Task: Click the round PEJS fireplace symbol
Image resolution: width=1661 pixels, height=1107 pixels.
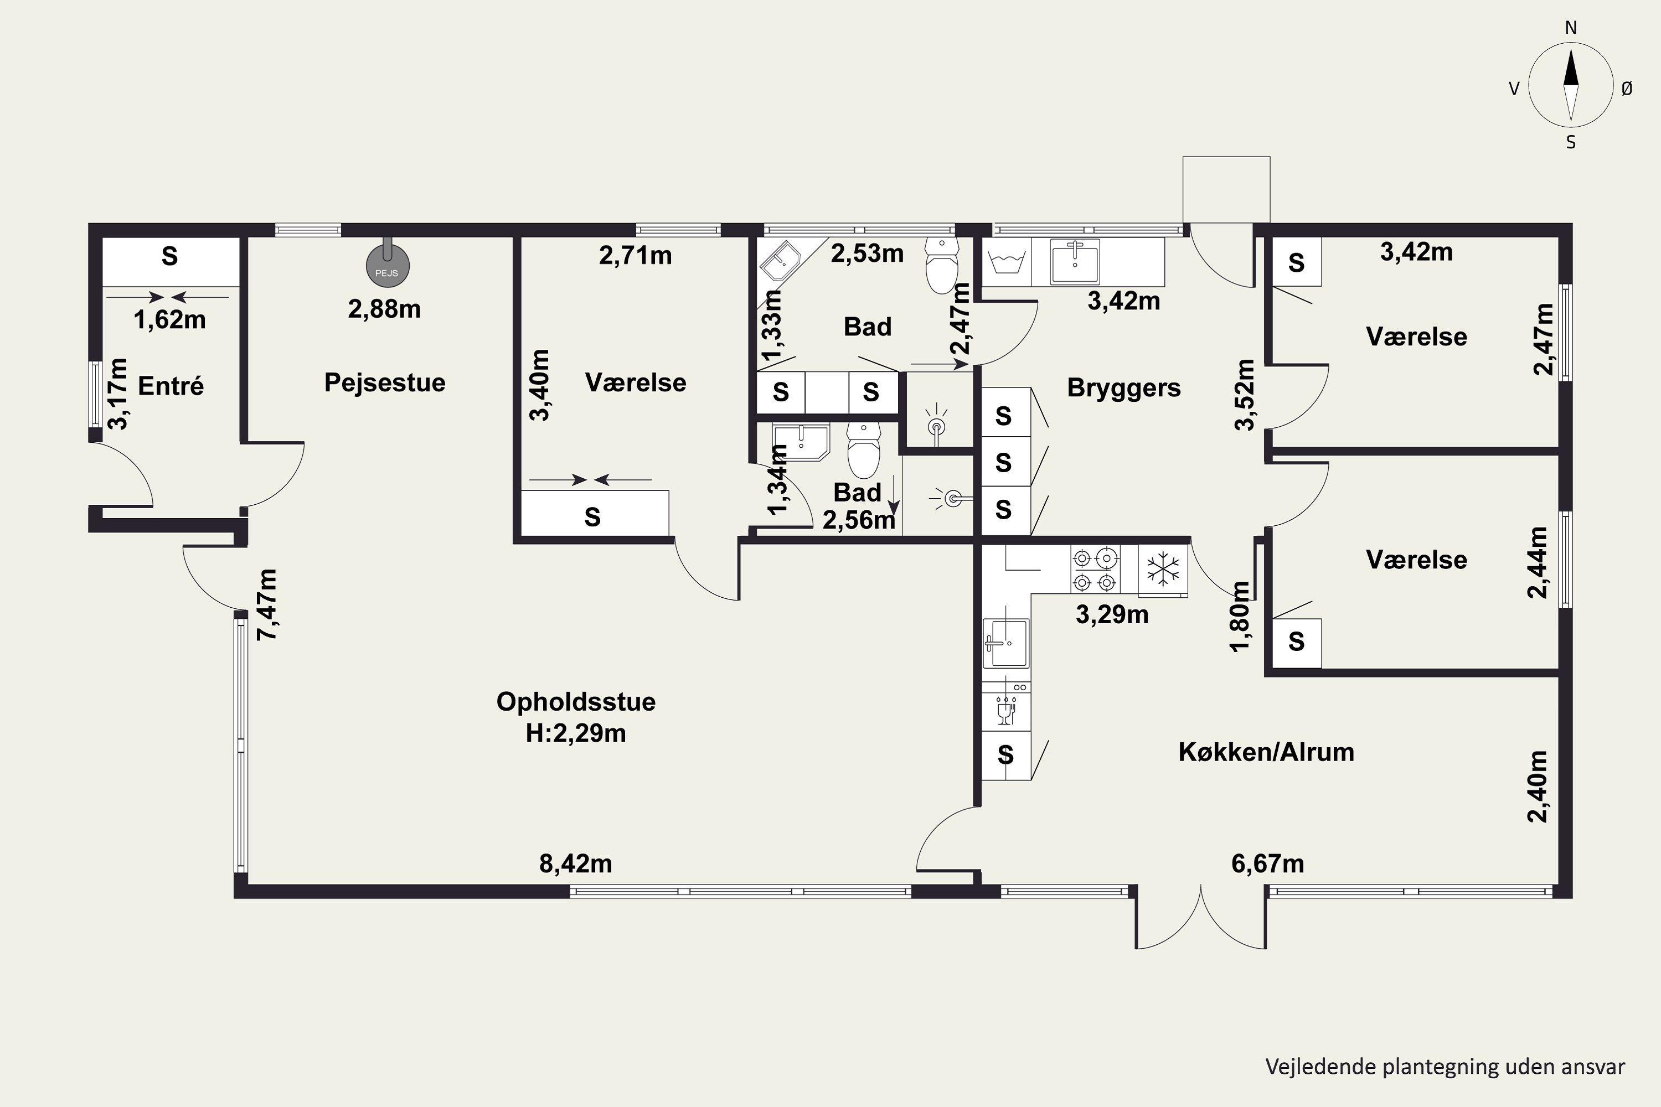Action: (388, 266)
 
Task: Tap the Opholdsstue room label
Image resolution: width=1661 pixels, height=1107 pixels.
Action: (576, 702)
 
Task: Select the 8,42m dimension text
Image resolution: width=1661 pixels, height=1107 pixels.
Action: (576, 863)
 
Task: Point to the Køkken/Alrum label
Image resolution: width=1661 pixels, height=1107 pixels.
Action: (1266, 752)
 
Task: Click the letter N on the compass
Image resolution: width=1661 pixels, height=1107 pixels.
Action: (1571, 28)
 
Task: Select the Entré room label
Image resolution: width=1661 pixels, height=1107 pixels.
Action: (171, 386)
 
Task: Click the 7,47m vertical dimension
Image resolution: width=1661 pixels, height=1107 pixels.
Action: (267, 604)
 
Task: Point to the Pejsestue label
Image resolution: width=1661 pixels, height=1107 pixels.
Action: (385, 382)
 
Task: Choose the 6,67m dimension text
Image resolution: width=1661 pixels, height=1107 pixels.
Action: (1268, 863)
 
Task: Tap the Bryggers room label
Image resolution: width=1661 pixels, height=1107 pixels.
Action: (1123, 387)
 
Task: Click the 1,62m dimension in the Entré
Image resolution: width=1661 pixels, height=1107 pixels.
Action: (169, 320)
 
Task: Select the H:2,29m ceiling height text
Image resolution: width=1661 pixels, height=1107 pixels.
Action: (576, 733)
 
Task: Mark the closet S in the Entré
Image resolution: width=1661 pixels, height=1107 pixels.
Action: (169, 256)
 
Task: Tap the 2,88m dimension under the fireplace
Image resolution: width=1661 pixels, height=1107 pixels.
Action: (384, 308)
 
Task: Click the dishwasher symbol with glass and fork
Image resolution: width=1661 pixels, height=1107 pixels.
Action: (1005, 710)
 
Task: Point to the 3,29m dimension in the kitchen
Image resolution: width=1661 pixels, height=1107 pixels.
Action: (1112, 614)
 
